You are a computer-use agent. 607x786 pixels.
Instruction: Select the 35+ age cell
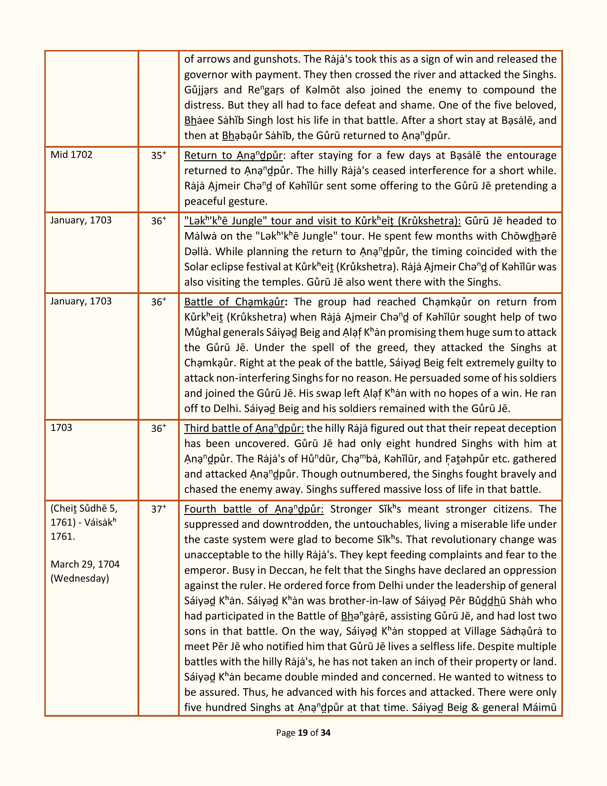[x=158, y=156]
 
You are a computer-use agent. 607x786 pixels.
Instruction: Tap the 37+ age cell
[x=158, y=509]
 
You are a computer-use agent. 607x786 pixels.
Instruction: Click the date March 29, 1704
[x=85, y=564]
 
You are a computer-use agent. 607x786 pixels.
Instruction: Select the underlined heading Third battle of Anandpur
[x=244, y=428]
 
